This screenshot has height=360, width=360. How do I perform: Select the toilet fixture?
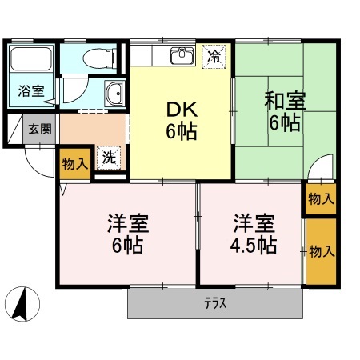[97, 58]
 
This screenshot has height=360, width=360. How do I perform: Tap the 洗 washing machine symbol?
[109, 157]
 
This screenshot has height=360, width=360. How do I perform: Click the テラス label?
[214, 302]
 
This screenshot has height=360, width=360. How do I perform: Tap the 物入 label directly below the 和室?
[320, 198]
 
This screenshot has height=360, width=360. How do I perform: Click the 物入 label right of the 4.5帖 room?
[321, 251]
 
